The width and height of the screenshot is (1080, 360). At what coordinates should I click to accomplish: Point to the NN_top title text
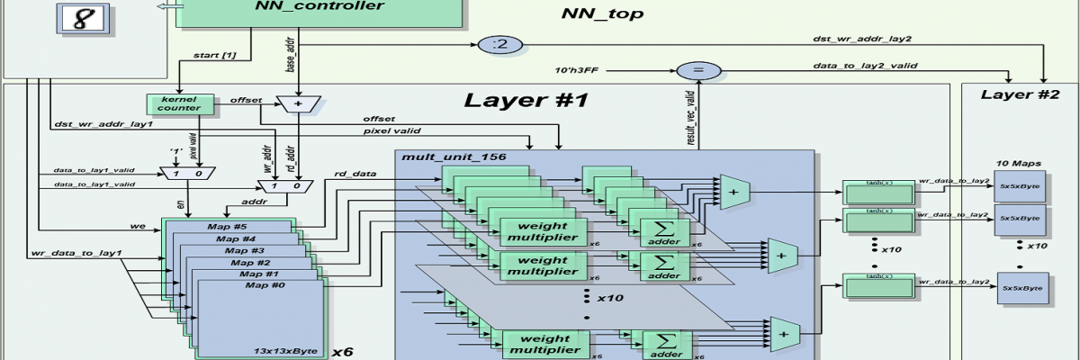(602, 13)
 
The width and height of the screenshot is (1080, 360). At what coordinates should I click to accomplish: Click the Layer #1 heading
(526, 100)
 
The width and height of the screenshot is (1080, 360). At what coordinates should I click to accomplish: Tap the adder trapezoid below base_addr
(297, 104)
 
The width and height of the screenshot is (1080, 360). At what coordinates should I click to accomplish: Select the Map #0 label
(265, 285)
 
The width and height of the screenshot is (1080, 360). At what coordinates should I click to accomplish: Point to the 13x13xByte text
(292, 350)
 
